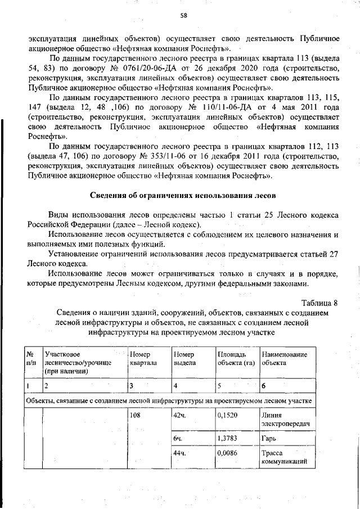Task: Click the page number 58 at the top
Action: point(183,16)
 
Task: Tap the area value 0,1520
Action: point(227,415)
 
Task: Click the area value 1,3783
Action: point(227,438)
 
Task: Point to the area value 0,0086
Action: point(227,453)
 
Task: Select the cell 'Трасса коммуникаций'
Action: point(283,458)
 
